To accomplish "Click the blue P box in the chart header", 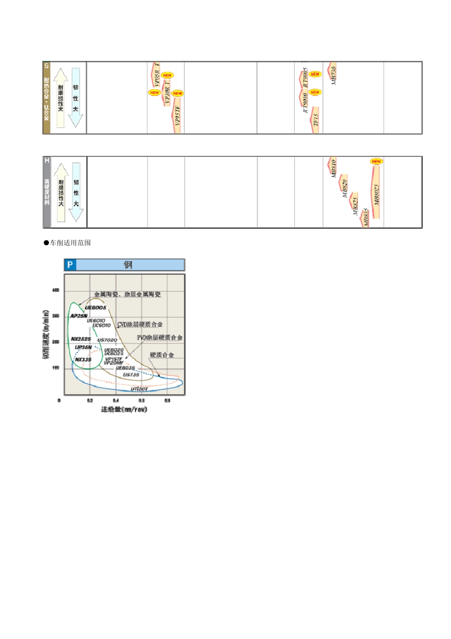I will [x=70, y=265].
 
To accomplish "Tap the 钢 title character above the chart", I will [x=128, y=265].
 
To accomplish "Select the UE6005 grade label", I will [x=96, y=308].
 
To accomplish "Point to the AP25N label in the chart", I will [x=79, y=316].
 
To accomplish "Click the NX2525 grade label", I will [x=81, y=339].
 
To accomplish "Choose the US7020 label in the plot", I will [x=107, y=340].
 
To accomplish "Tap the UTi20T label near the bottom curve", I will [x=140, y=389].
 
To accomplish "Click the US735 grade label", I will [x=132, y=375].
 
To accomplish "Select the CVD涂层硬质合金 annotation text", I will [x=140, y=324].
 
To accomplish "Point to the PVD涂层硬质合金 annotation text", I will [x=160, y=338].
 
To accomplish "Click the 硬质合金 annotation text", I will [x=162, y=355].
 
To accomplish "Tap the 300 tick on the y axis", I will [x=56, y=316].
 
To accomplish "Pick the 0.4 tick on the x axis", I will [x=116, y=401].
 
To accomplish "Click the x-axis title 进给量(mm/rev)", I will [x=124, y=409].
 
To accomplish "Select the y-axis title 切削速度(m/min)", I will [x=46, y=334].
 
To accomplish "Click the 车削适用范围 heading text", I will [x=70, y=243].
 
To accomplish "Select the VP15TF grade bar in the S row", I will [x=177, y=116].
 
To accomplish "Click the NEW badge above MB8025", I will [x=376, y=162].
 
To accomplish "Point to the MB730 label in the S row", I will [x=333, y=75].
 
